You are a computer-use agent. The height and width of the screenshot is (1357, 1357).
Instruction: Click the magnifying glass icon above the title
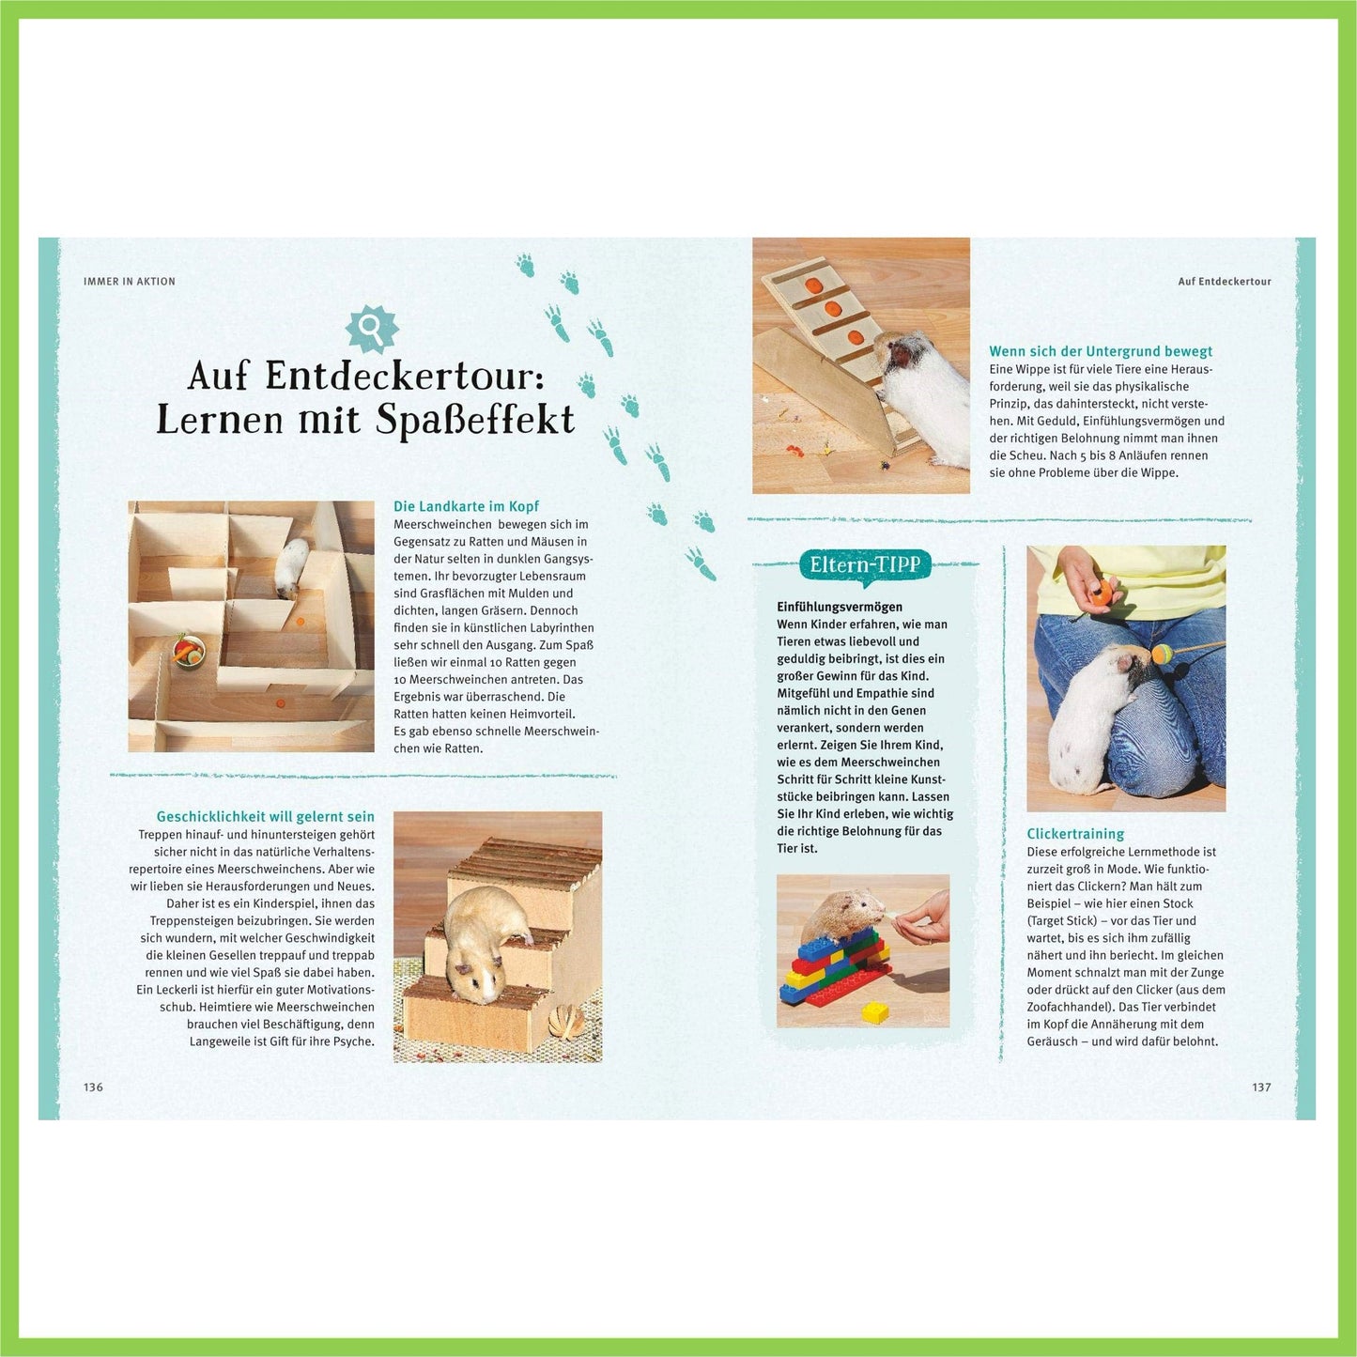pos(371,328)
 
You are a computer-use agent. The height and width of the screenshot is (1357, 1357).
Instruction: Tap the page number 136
pos(93,1087)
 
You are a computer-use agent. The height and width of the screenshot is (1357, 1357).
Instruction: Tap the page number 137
pos(1261,1087)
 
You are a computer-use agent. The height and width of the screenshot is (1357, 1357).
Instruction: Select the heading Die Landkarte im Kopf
pos(466,506)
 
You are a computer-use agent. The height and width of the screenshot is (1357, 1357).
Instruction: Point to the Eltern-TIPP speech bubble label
pos(865,564)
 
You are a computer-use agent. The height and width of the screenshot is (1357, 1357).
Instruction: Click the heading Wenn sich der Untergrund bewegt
pos(1101,351)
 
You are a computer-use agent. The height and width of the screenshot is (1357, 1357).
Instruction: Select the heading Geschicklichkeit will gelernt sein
pos(266,817)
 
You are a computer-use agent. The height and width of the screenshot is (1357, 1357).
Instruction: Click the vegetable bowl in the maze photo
pos(188,650)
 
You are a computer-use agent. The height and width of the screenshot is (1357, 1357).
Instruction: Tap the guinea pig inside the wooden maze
pos(291,568)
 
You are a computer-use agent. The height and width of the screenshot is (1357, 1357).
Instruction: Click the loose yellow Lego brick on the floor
pos(875,1012)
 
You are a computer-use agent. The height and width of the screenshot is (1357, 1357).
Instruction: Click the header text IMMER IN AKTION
pos(130,282)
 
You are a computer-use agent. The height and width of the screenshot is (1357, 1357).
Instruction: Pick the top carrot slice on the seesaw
pos(814,285)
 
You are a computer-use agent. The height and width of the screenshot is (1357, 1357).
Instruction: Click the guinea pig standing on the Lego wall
pos(842,916)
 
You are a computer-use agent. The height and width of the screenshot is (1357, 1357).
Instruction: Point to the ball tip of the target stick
pos(1162,655)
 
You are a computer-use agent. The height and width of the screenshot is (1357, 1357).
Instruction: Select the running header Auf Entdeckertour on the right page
pos(1225,282)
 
